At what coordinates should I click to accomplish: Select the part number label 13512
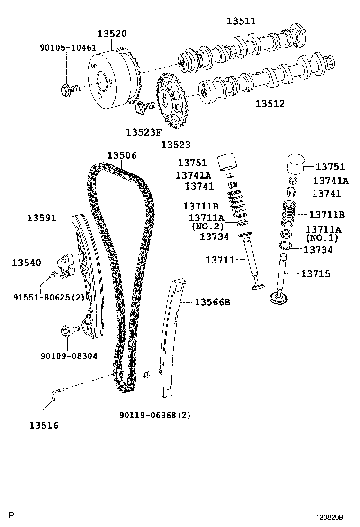pyautogui.click(x=270, y=103)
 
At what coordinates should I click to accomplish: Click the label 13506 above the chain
pyautogui.click(x=122, y=155)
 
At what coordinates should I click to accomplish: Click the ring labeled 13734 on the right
pyautogui.click(x=285, y=245)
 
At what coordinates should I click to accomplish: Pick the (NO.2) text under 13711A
pyautogui.click(x=207, y=226)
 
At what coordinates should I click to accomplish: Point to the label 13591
pyautogui.click(x=42, y=218)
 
